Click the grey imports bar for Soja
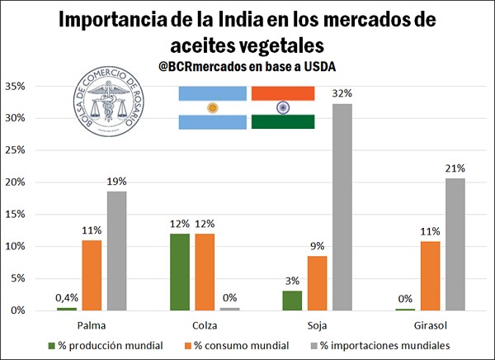[342, 206]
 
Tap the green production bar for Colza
[179, 272]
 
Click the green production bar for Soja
[291, 301]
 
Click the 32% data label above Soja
[342, 93]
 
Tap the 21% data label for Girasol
[454, 168]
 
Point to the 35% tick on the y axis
[17, 87]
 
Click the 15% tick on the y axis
[17, 214]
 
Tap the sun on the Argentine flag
[212, 107]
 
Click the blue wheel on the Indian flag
[282, 107]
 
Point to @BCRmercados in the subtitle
[205, 66]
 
